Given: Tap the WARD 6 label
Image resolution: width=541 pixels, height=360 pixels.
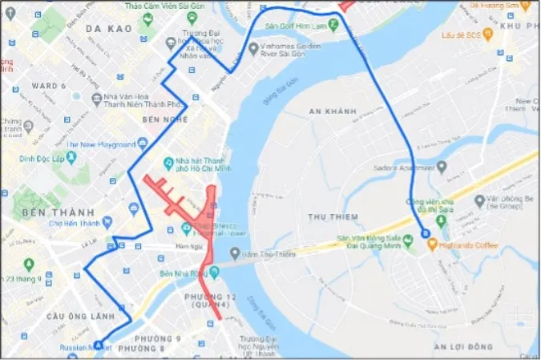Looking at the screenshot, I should pos(47,85).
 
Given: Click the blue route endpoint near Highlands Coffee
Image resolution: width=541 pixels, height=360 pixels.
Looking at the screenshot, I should pos(426,233).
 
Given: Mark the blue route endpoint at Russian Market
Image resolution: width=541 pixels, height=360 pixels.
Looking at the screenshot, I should pos(99,346).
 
